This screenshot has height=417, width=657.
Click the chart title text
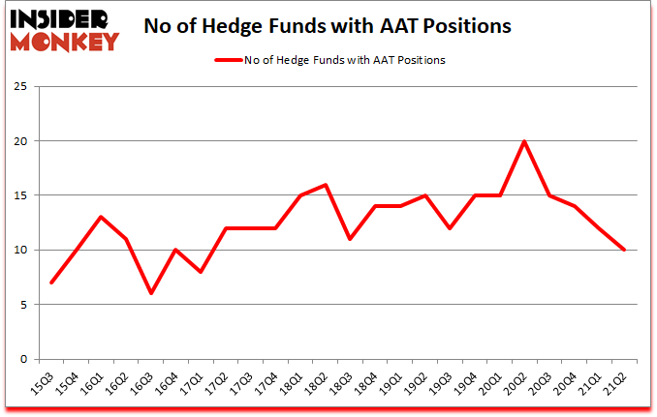click(327, 26)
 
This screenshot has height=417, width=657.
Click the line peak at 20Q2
click(524, 141)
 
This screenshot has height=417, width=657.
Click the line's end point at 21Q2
click(625, 250)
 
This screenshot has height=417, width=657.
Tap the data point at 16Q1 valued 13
click(101, 217)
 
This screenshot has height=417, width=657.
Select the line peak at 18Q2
click(327, 185)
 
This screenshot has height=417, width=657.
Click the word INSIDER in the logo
click(61, 19)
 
